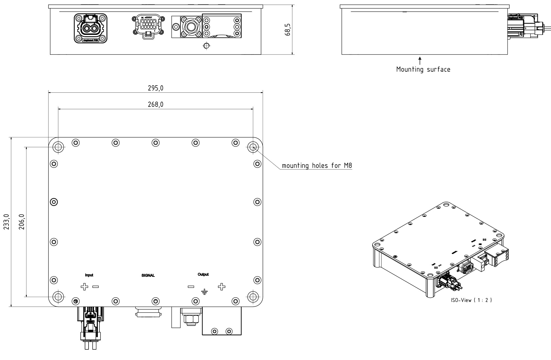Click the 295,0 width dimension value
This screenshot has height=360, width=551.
(x=155, y=88)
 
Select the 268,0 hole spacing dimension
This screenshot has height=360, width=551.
(x=155, y=104)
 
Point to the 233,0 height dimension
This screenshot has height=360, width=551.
(x=7, y=222)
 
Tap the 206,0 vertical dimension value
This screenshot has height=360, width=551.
(x=22, y=222)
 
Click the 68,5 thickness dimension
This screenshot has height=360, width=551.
(x=288, y=29)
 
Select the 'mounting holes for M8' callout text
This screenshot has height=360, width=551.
(x=317, y=166)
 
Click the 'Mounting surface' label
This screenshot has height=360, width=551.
(x=423, y=69)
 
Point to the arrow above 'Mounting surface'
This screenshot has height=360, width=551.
(x=420, y=60)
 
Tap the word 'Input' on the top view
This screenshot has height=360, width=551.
(x=89, y=275)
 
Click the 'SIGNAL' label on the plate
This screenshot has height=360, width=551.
(x=148, y=275)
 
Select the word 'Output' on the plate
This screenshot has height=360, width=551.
(x=203, y=274)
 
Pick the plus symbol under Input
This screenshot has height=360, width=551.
(x=84, y=287)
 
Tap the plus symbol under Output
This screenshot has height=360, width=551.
(x=222, y=286)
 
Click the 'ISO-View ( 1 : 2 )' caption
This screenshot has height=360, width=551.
(x=471, y=300)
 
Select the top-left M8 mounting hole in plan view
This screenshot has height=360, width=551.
(x=58, y=147)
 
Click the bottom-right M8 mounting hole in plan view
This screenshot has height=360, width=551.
(x=253, y=297)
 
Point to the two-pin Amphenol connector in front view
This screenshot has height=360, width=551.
(x=90, y=28)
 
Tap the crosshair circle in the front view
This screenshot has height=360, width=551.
(x=207, y=46)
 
